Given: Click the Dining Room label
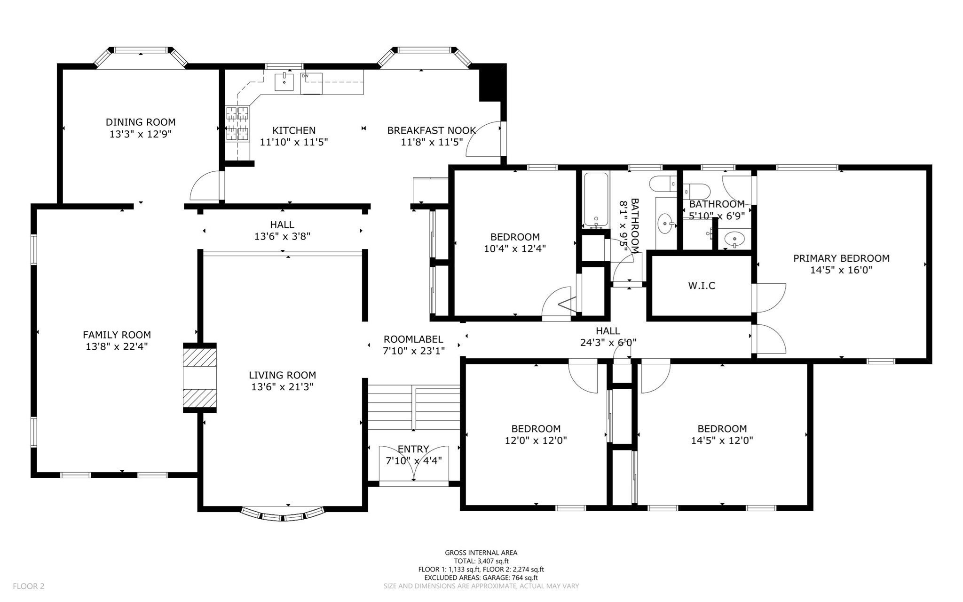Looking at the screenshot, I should (140, 122).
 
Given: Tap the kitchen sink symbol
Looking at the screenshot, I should (284, 82).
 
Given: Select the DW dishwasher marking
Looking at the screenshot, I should (305, 76).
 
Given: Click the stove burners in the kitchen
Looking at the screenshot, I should (237, 123).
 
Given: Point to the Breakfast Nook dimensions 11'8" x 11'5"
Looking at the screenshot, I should (432, 142).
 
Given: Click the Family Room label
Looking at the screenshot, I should (117, 335).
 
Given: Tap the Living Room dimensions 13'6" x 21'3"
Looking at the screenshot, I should (282, 387).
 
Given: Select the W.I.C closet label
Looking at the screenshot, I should (701, 286).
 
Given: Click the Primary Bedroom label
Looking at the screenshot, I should (841, 258).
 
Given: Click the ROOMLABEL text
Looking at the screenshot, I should (413, 339).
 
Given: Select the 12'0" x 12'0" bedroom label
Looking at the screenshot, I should (536, 429).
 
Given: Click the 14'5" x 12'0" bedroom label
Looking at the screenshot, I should (722, 429).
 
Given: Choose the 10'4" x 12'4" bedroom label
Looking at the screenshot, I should (514, 237).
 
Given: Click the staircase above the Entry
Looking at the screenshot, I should (413, 407).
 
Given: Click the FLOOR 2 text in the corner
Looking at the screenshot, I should (28, 586).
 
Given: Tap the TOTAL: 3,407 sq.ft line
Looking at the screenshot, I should (481, 561).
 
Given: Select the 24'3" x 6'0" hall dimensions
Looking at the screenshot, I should (608, 343).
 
